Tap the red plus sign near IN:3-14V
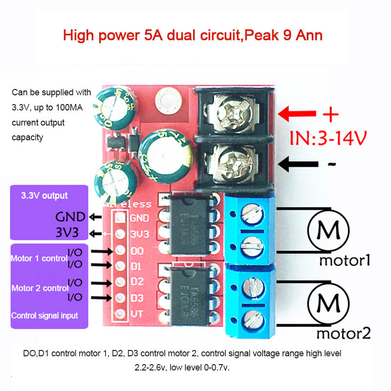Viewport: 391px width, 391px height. (331, 115)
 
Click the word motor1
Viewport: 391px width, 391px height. (345, 260)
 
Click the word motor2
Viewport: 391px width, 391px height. (344, 334)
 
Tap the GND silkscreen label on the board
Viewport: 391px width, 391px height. (140, 218)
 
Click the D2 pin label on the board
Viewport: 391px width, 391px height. (137, 282)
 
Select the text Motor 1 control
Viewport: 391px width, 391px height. (39, 258)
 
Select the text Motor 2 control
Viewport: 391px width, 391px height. (39, 288)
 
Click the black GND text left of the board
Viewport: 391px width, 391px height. (70, 217)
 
